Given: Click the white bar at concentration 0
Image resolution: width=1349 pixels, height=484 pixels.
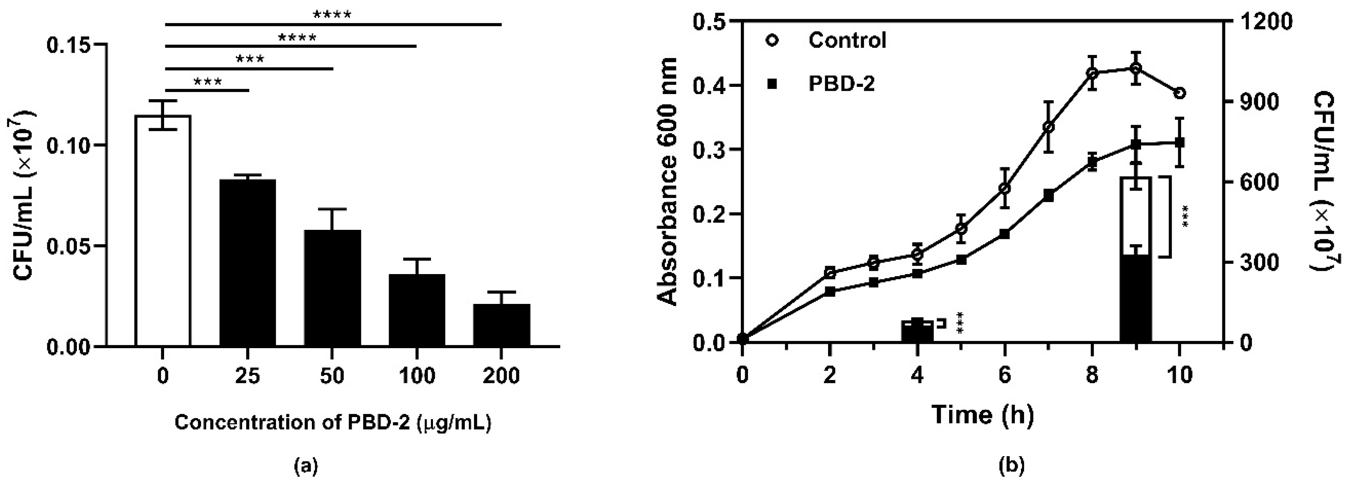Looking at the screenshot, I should (163, 231).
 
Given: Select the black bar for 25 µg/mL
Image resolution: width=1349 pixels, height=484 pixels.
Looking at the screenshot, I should (248, 262).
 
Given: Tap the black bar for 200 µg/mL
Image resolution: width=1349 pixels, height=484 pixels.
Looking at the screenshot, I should (501, 325).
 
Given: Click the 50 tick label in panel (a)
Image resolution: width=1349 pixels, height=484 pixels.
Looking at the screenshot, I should (333, 376).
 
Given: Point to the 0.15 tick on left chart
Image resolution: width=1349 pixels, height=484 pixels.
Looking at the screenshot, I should (70, 45).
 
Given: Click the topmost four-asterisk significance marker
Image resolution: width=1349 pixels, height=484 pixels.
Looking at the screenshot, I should (332, 14).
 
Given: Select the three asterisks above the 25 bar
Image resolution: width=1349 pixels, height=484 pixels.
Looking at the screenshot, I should (208, 82).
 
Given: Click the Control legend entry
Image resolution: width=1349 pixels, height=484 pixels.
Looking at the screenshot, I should (847, 40).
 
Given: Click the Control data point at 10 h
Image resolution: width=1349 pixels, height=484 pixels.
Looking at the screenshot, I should (1180, 93).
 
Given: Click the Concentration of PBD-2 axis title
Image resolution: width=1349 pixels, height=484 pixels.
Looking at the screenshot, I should (333, 422).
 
